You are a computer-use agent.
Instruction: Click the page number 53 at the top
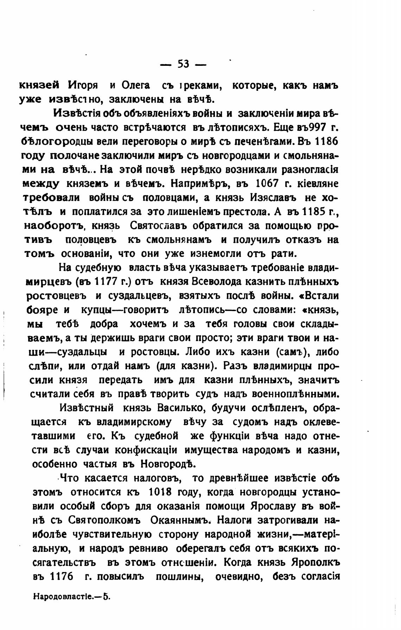183,64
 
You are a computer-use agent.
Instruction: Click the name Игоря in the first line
83,86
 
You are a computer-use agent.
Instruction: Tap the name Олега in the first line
135,86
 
